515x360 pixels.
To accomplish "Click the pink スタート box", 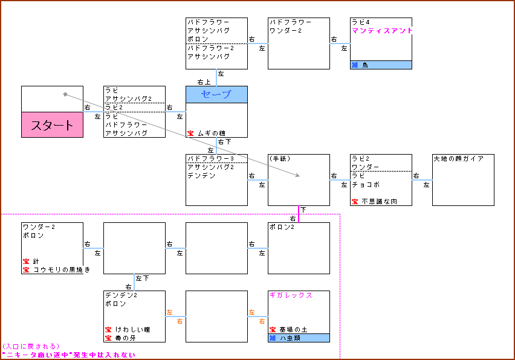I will click(x=52, y=125).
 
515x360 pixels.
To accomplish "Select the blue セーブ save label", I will click(x=216, y=94).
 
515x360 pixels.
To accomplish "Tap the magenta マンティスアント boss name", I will click(x=382, y=31).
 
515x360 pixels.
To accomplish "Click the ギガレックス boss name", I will click(x=291, y=295).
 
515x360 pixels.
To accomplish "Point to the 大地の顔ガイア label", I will click(x=458, y=159).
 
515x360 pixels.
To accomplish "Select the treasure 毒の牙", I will click(x=121, y=338).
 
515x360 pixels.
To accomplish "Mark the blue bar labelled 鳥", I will click(x=381, y=65).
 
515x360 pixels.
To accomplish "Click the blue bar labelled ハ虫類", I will click(x=299, y=338).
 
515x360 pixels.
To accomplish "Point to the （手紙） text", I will click(x=282, y=159).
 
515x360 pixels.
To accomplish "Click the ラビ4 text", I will click(x=361, y=22).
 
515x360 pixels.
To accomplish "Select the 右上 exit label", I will click(x=204, y=82).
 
